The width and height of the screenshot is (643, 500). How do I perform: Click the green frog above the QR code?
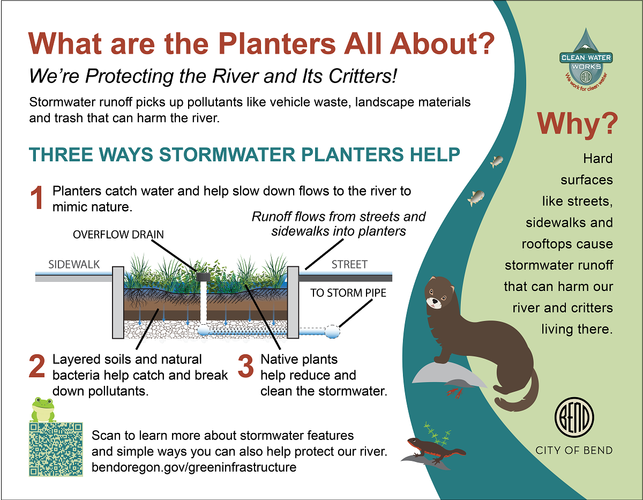43,410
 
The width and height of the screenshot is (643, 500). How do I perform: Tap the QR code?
56,449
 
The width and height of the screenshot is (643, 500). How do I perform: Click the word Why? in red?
577,124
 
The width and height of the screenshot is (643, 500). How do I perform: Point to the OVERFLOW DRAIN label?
118,235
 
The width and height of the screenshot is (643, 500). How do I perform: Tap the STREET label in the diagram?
349,265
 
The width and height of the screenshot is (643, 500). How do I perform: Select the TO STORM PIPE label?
348,293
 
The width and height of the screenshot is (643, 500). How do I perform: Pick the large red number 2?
36,367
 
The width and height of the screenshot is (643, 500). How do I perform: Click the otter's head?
440,295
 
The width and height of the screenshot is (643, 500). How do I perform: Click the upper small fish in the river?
497,161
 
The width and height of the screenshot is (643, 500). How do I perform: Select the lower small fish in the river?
475,198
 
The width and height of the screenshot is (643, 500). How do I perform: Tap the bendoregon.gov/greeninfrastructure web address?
194,467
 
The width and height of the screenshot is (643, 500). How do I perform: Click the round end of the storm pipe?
332,332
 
